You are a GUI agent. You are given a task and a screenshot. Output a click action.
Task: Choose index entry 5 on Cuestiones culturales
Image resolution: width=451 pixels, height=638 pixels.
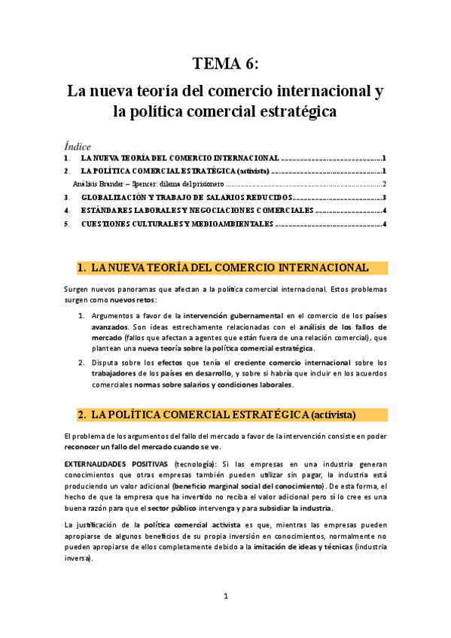(176, 224)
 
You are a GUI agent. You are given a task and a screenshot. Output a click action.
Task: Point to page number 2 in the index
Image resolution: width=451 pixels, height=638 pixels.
(384, 184)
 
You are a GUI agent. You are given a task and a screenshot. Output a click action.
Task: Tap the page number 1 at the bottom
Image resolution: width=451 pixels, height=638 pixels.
(225, 597)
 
